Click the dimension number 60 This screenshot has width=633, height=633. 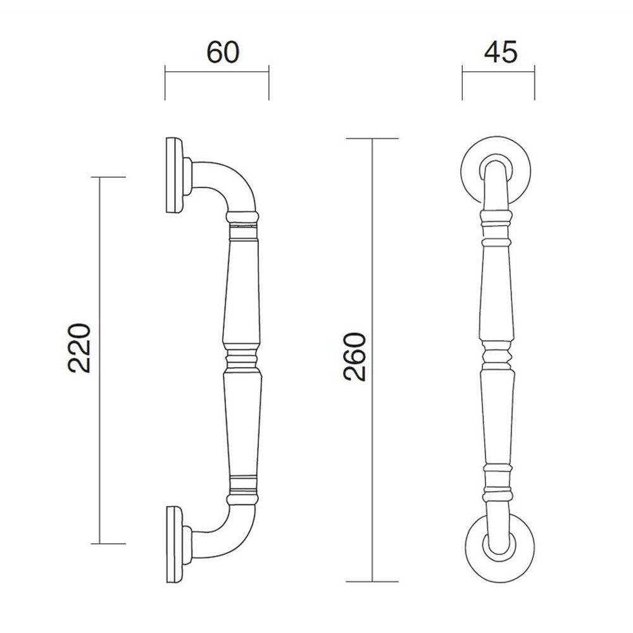pyautogui.click(x=223, y=53)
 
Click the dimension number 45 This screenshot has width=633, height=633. pyautogui.click(x=501, y=53)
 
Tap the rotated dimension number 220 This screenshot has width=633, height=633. pyautogui.click(x=78, y=348)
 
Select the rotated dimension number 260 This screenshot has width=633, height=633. pyautogui.click(x=354, y=356)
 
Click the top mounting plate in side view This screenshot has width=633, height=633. pyautogui.click(x=175, y=175)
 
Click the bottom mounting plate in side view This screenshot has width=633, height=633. pyautogui.click(x=175, y=545)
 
